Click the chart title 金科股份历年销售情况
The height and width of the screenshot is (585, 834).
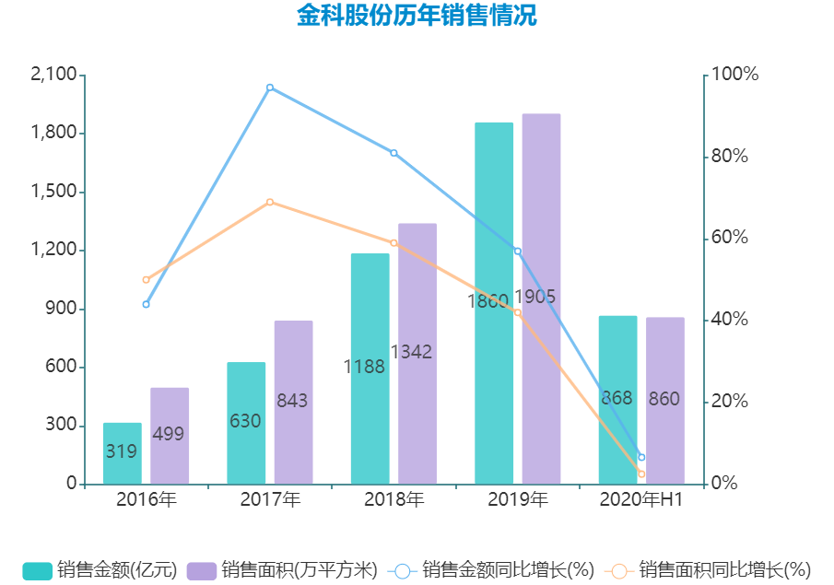[x=417, y=16]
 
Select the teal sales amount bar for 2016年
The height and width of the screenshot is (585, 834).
[x=122, y=453]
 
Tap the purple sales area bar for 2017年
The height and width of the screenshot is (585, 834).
[x=293, y=402]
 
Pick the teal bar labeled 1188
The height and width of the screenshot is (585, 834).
[x=370, y=369]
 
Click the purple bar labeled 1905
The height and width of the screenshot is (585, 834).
[x=541, y=298]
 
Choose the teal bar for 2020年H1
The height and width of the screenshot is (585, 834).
[x=617, y=400]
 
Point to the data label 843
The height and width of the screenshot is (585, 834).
[x=292, y=402]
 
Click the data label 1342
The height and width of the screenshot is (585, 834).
[x=411, y=352]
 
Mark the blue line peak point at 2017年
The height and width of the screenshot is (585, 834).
[x=270, y=88]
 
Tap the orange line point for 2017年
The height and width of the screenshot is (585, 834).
[x=270, y=202]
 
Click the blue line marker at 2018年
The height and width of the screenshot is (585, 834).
[x=394, y=153]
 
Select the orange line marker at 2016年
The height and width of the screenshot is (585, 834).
[x=146, y=279]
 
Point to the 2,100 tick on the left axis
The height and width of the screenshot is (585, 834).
[x=53, y=75]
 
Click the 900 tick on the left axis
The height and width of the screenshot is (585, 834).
[x=62, y=309]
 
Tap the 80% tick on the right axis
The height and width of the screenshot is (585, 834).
[x=734, y=157]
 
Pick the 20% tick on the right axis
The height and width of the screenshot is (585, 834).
[x=734, y=402]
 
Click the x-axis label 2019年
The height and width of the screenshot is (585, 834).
[x=518, y=500]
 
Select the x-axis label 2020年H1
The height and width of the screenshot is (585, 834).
[x=641, y=500]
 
